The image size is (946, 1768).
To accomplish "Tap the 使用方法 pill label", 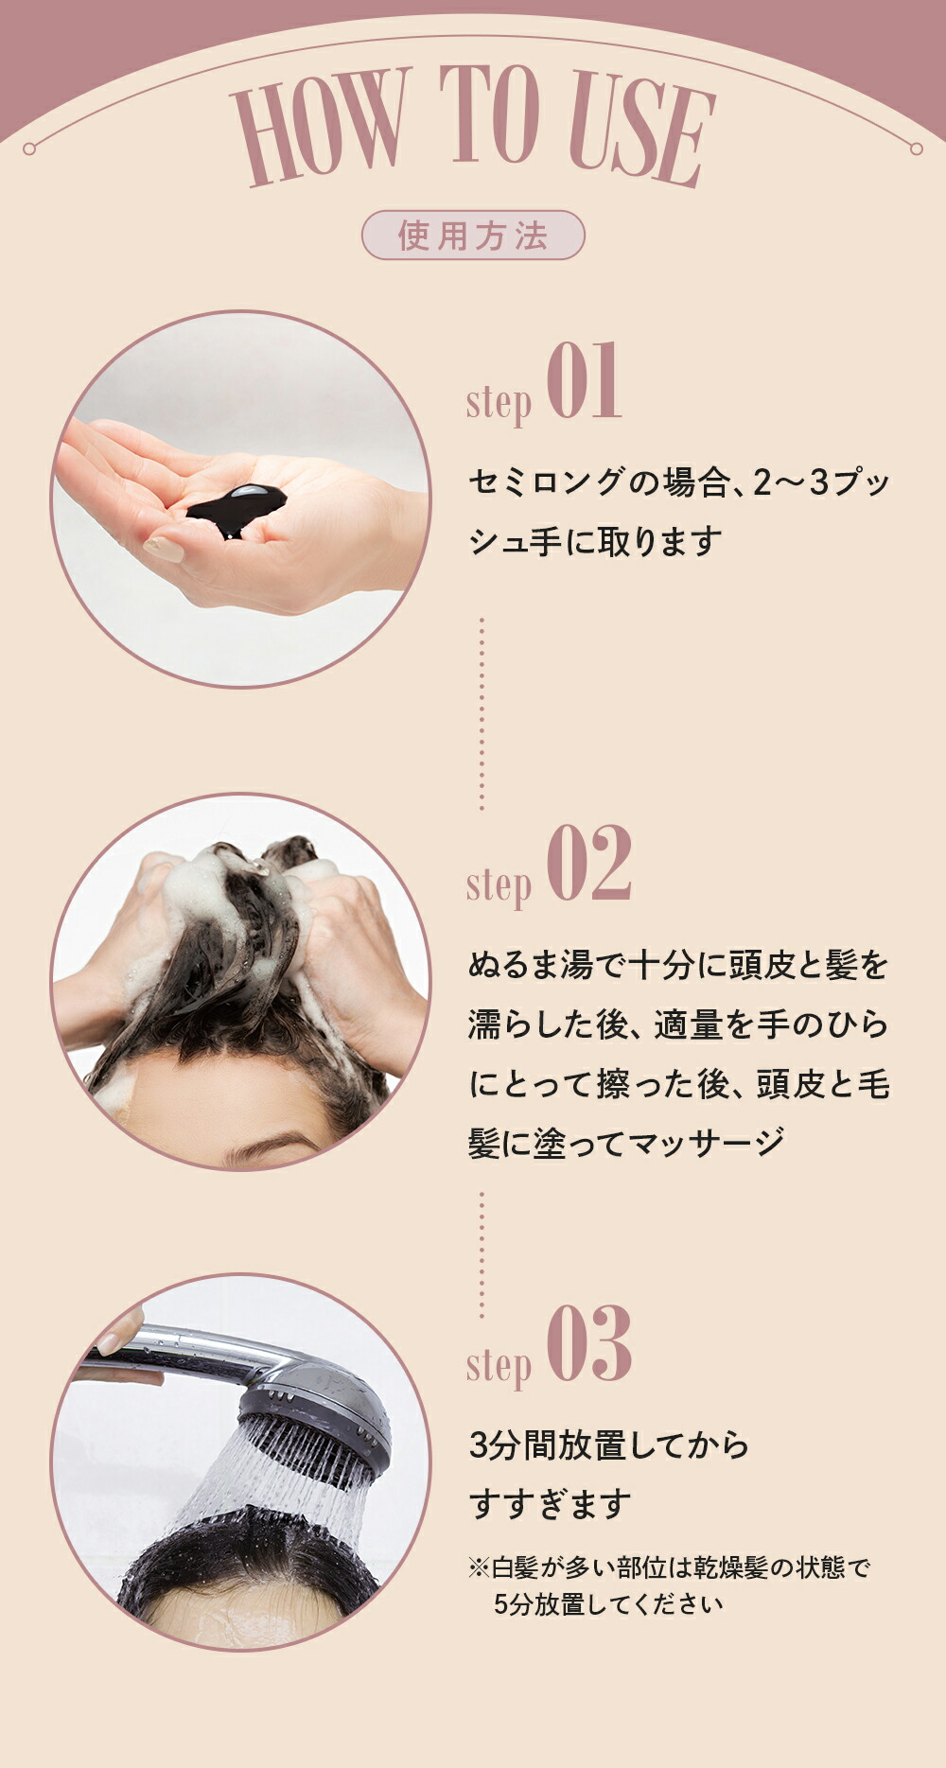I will click(473, 236).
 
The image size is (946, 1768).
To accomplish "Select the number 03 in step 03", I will click(587, 1344).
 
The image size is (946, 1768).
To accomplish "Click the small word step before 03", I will click(499, 1365).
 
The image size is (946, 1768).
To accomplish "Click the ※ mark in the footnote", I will click(479, 1567).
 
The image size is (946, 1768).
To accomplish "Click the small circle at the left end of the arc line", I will click(29, 149).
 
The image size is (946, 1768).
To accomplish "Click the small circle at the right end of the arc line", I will click(916, 149).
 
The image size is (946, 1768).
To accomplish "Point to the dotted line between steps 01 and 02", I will click(482, 714).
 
